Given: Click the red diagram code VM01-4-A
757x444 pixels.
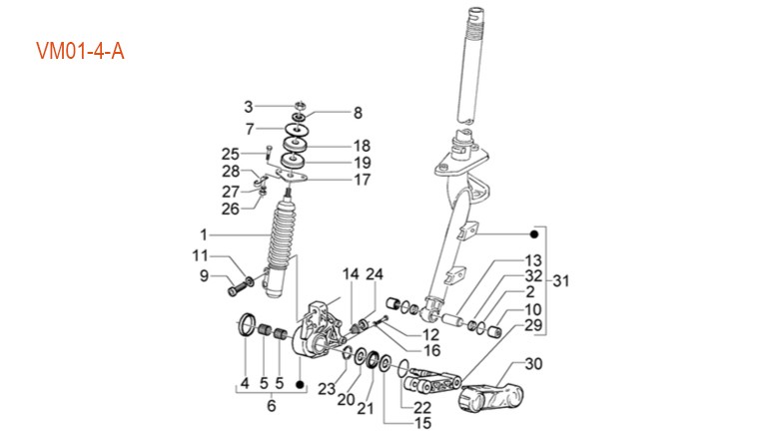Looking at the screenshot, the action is click(80, 51).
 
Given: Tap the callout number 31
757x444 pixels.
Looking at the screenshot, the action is click(561, 280).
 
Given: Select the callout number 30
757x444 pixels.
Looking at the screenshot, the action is click(533, 363).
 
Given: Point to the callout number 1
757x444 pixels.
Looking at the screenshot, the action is click(204, 234).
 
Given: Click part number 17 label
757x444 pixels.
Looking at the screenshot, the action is click(363, 180).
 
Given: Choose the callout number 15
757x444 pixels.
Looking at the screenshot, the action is click(422, 423).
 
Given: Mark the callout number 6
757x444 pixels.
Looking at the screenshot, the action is click(272, 405).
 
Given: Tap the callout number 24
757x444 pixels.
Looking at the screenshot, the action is click(375, 273).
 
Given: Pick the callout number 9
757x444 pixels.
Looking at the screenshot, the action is click(204, 276).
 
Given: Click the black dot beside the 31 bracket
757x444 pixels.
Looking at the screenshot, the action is click(534, 234).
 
